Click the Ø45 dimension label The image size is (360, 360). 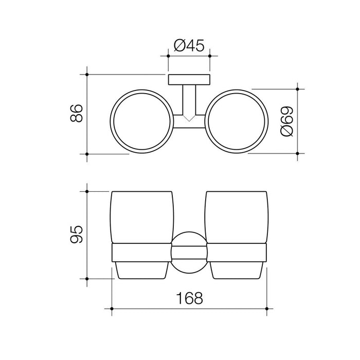click(x=189, y=45)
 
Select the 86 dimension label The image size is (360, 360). click(x=77, y=113)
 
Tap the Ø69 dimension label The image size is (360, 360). click(x=287, y=121)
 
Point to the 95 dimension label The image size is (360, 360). click(x=77, y=234)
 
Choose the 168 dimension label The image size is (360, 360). click(x=189, y=298)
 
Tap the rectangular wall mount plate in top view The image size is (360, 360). click(x=189, y=80)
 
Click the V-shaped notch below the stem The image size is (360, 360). click(x=189, y=118)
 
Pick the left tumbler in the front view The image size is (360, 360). click(x=142, y=235)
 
